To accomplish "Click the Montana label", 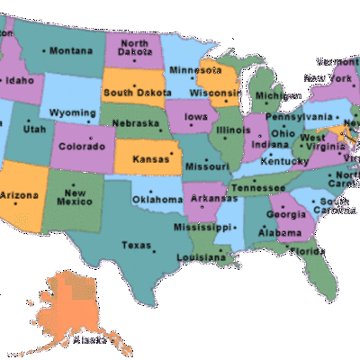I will tap(72, 50).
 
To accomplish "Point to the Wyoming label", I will tap(72, 112).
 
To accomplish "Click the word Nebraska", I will tap(138, 123).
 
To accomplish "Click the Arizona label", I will tap(20, 194).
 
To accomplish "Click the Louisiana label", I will tap(199, 256).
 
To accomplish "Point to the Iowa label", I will tap(196, 116).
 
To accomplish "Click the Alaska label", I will tap(89, 339).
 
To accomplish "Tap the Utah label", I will tap(34, 129).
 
